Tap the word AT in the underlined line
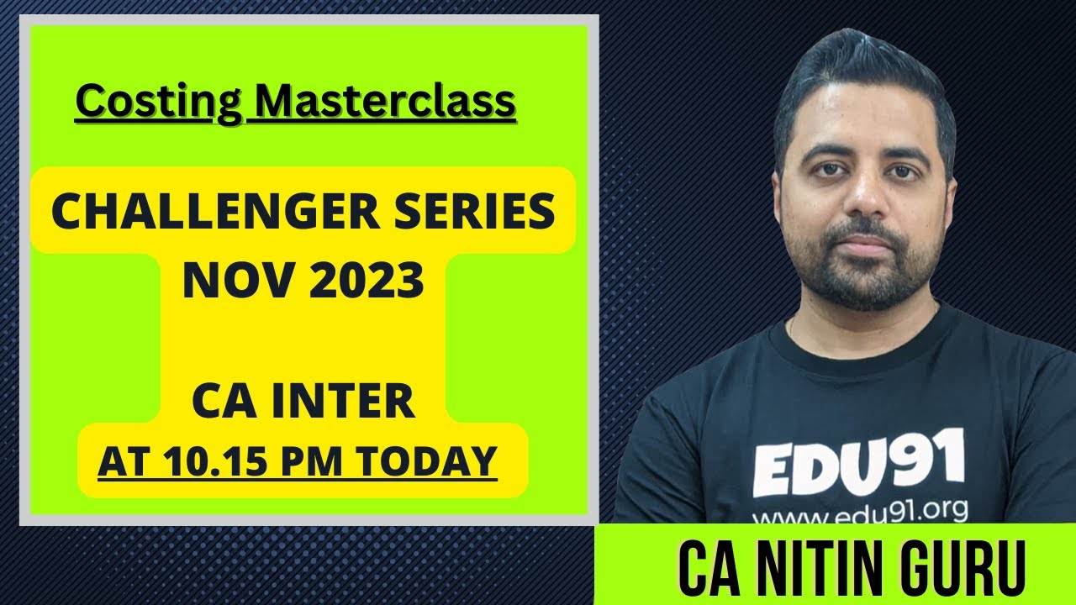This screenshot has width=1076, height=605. pyautogui.click(x=118, y=461)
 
